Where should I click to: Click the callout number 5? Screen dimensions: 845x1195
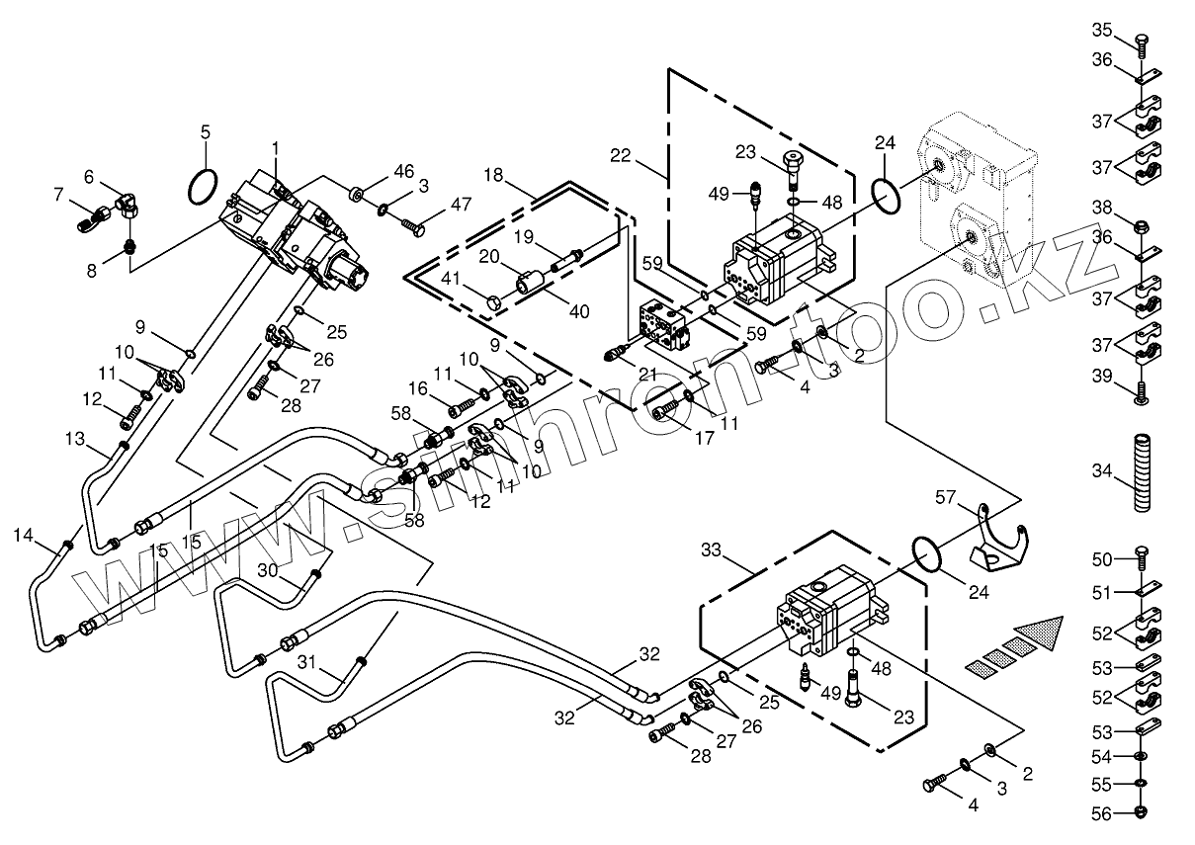(206, 131)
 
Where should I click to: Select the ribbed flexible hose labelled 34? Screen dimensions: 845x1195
(1142, 472)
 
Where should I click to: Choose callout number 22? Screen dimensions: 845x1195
(620, 155)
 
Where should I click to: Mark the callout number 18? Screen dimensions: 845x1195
(494, 175)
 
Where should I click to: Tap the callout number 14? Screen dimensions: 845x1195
(23, 536)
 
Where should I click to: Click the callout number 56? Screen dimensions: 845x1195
(1102, 814)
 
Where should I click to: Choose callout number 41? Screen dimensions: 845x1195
(450, 281)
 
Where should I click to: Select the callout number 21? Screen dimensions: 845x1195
(647, 374)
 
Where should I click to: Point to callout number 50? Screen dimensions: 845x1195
(1102, 560)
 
